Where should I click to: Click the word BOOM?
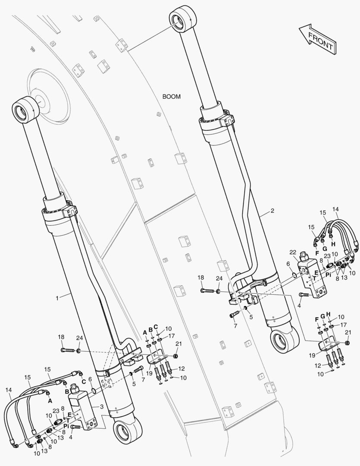point(172,97)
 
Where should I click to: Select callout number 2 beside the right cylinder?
point(272,211)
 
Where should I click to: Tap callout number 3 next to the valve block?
point(102,406)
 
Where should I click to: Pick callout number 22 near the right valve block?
point(293,252)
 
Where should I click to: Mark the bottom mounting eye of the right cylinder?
point(285,340)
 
